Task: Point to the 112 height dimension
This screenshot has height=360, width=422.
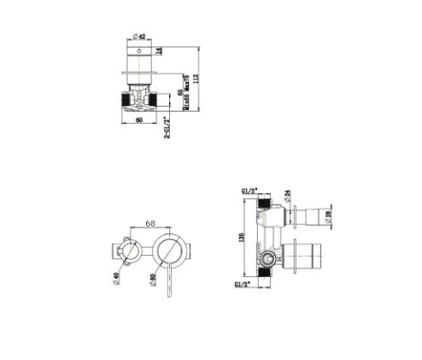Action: tap(198, 80)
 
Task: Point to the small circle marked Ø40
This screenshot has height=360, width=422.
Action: tap(130, 252)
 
